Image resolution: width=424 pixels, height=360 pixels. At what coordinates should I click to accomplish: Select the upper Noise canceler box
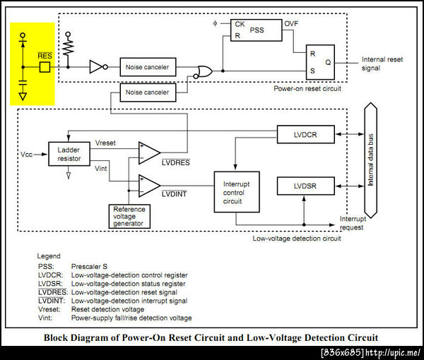(x=147, y=67)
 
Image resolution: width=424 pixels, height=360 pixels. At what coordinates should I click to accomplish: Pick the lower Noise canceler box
(x=147, y=92)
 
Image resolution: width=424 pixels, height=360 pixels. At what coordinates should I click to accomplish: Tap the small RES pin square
(x=45, y=68)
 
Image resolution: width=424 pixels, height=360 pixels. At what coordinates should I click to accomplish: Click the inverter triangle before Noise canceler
(x=97, y=67)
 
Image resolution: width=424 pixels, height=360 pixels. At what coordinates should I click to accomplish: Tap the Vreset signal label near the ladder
(x=105, y=143)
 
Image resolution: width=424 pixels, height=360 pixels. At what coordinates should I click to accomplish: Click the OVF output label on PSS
(x=291, y=24)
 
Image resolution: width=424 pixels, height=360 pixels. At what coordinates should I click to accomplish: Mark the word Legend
(x=49, y=256)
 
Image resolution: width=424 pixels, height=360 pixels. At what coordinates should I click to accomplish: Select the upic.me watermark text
(x=371, y=352)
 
